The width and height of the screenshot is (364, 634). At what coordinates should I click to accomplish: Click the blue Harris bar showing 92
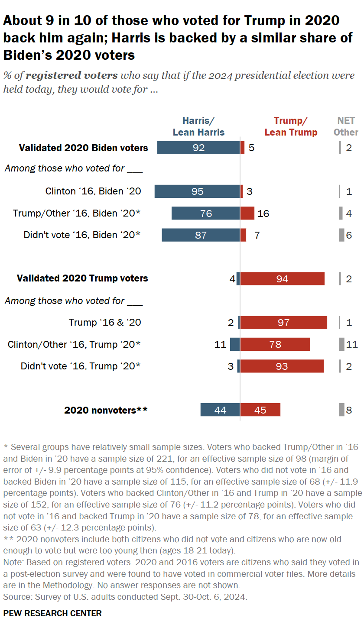click(x=198, y=148)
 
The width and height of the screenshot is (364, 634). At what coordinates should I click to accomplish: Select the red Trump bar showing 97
click(x=284, y=323)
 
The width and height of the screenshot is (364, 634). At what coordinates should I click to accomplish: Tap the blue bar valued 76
click(x=205, y=213)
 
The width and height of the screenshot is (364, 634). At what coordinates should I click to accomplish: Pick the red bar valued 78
click(x=275, y=344)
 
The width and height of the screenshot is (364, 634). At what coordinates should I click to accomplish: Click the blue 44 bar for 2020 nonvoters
click(x=220, y=410)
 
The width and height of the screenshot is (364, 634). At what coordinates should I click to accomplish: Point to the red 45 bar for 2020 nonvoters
click(x=260, y=410)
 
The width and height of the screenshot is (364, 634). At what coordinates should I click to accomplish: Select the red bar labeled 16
click(x=247, y=213)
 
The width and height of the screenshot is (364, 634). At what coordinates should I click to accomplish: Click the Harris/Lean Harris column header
click(x=198, y=126)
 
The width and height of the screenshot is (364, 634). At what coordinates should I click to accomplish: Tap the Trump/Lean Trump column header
click(x=291, y=126)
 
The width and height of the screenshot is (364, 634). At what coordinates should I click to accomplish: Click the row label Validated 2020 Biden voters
click(x=83, y=148)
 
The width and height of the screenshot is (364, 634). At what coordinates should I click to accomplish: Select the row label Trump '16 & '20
click(x=105, y=323)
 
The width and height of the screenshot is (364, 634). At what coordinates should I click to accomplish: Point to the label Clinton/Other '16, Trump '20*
click(x=74, y=344)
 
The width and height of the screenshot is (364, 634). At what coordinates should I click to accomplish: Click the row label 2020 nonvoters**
click(x=106, y=410)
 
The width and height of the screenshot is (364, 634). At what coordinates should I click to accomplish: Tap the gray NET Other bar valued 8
click(x=341, y=410)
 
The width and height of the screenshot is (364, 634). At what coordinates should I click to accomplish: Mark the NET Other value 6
click(x=349, y=235)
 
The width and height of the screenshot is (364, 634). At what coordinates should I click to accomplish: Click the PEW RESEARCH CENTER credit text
click(x=52, y=613)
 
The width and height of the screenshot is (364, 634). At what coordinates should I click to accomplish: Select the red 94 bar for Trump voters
click(x=283, y=278)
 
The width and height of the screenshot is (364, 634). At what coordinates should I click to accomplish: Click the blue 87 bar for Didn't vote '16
click(x=201, y=235)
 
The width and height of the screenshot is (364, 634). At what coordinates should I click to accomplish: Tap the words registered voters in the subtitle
click(x=71, y=75)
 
